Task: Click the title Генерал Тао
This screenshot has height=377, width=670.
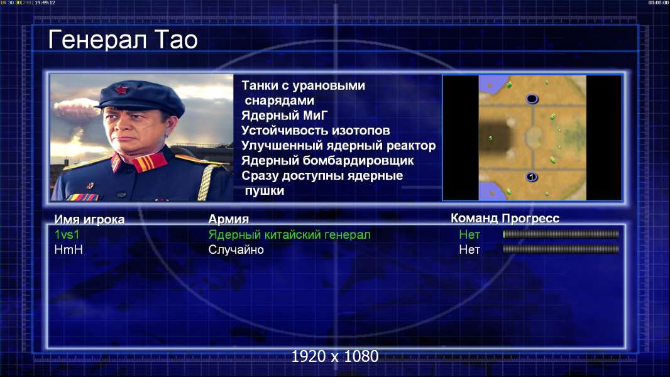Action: [x=123, y=40]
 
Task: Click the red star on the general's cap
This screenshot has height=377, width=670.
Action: [x=121, y=89]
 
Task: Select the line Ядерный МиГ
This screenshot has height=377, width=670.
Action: [x=285, y=115]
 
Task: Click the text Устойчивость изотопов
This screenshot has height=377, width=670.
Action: [x=316, y=130]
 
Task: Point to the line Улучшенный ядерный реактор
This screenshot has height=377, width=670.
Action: [x=338, y=146]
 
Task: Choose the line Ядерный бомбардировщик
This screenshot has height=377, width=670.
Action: [x=327, y=160]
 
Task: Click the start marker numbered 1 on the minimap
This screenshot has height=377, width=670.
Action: [x=531, y=177]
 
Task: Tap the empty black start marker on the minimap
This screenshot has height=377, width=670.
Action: [x=532, y=99]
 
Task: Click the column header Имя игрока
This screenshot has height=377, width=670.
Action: [x=89, y=219]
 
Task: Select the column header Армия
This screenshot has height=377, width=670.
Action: [x=229, y=219]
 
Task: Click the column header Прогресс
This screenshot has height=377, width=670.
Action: [x=530, y=218]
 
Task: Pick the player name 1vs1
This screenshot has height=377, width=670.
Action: [x=67, y=234]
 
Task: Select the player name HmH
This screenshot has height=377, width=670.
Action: [x=69, y=250]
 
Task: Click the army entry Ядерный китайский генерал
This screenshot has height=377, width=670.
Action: [x=289, y=235]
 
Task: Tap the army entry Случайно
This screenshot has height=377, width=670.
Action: [x=236, y=250]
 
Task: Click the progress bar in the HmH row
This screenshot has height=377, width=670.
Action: [x=561, y=249]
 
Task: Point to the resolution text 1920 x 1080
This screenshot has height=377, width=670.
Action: [x=335, y=356]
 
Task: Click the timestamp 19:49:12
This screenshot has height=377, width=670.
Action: [x=45, y=3]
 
